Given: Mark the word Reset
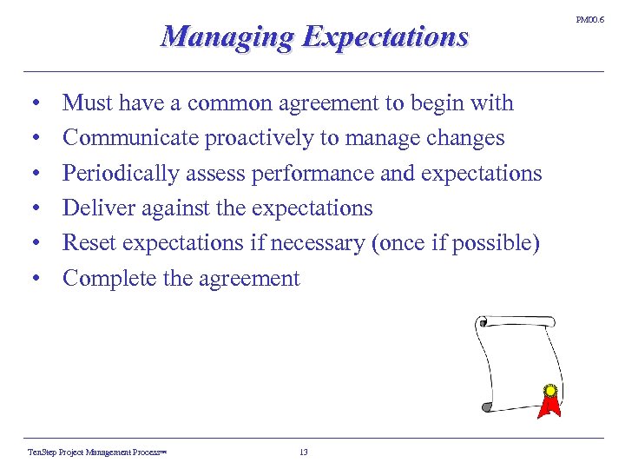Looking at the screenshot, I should (86, 243).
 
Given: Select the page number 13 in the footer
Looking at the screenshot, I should (303, 452).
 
